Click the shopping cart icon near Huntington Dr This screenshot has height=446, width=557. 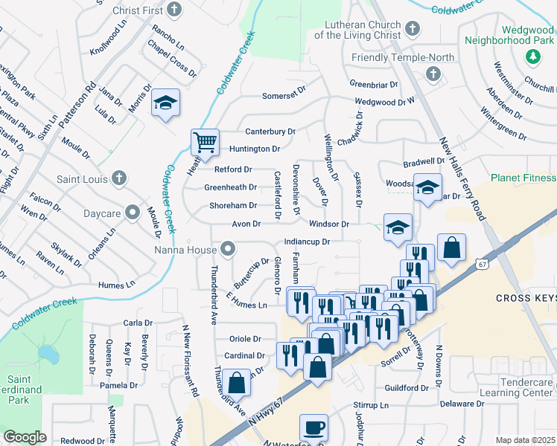coord(204,140)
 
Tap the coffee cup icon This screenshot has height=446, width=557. coord(313,429)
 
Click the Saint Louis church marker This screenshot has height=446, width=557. coord(118,178)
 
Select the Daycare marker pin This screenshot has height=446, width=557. coord(133,213)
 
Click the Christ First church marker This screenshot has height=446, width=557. coord(174,10)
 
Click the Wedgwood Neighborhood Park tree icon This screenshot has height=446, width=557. coord(533,56)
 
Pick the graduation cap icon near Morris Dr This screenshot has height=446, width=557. coord(165,103)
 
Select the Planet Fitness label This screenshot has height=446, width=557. coord(523,178)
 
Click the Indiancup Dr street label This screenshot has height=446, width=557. coord(307,242)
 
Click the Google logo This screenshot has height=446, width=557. coord(25,437)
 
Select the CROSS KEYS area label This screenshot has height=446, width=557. coord(526,298)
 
